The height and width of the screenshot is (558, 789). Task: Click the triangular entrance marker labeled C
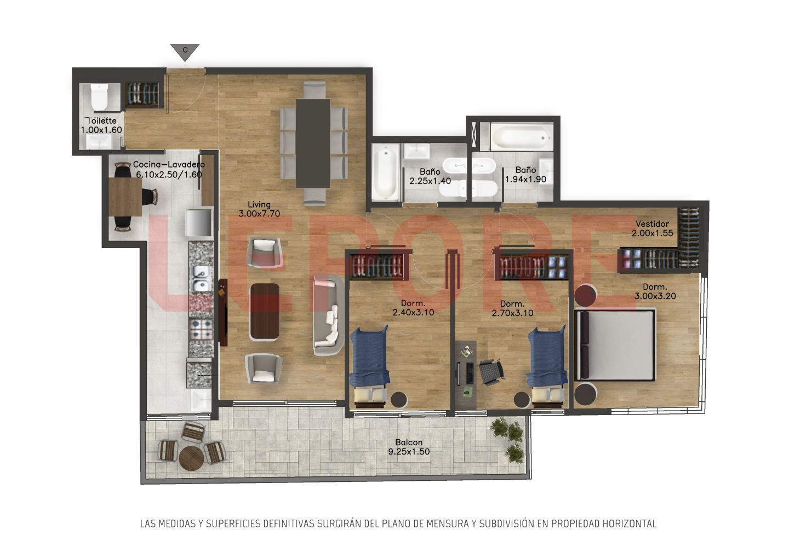185,51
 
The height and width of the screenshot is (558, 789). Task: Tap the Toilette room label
101,125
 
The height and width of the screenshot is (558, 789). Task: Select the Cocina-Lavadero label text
169,169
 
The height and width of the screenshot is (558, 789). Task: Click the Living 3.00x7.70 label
259,209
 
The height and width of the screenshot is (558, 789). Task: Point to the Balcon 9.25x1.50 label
409,447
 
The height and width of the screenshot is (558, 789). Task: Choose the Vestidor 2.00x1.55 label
652,228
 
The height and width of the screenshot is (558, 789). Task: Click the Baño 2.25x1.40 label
430,176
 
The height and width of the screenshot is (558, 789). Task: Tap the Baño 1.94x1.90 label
526,175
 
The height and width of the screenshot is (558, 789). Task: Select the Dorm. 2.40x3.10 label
413,308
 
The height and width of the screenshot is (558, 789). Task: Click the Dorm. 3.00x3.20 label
655,291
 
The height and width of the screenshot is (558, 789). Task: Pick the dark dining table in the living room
313,143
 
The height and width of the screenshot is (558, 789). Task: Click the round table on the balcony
191,458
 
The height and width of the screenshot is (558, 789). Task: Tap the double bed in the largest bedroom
615,344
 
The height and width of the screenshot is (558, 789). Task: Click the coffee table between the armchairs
265,312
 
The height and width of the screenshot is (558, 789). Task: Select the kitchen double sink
201,279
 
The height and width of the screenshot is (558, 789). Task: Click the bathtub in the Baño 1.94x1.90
522,137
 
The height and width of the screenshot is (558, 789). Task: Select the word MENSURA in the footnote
448,524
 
